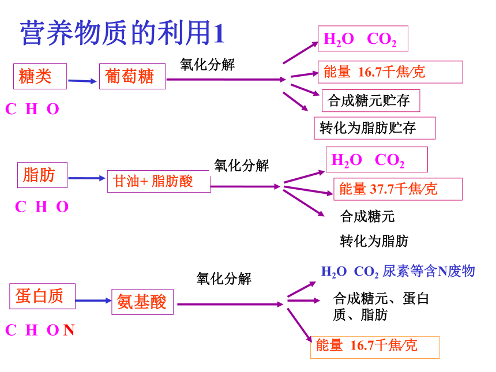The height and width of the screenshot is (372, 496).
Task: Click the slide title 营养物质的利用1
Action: coord(122,32)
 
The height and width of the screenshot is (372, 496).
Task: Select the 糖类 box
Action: coord(40,76)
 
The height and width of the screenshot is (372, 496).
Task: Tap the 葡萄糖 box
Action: coord(132,76)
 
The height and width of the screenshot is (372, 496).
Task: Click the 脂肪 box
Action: coord(42,175)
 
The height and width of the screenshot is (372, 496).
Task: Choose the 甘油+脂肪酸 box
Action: coord(159,181)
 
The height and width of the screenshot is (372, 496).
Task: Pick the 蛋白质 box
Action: coord(42,296)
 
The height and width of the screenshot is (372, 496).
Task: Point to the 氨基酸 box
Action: coord(142,302)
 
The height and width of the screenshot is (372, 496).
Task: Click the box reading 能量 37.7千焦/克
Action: coord(398,189)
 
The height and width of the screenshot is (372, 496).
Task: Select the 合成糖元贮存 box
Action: coord(371,100)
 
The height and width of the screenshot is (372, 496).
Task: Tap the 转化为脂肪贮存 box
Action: coord(375,128)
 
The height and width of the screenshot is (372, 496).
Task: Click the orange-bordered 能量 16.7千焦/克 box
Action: coord(375,347)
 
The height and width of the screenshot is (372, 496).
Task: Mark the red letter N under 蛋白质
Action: coord(69,330)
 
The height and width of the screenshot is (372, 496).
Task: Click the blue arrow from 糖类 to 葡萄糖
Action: coord(82,81)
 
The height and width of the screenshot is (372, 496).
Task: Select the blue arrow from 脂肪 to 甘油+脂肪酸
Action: coord(87,178)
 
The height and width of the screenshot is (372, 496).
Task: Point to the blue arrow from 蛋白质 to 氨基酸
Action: coord(93,300)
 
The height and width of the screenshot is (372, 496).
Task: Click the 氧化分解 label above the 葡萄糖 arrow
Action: coord(208,65)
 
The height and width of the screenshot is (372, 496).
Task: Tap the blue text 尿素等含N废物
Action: coord(429,271)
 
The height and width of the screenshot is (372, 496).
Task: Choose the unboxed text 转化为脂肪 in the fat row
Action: coord(374,241)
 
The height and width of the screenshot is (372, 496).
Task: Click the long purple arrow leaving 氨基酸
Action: coord(230,305)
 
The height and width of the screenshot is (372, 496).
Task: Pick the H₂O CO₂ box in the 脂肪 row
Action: coord(377,159)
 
